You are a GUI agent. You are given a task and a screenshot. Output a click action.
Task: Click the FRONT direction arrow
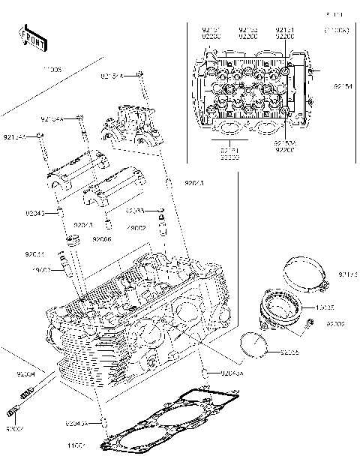31,37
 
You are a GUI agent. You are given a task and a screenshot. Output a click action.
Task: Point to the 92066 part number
102,239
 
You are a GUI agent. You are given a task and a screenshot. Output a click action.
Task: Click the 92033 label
136,211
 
